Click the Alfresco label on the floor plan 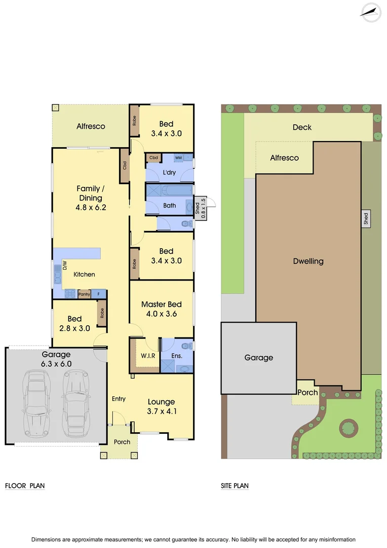point(91,126)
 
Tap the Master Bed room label point(162,304)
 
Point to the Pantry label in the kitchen point(84,294)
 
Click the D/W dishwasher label point(65,265)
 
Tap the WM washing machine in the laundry point(178,158)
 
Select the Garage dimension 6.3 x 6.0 point(56,363)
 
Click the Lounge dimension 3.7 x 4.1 point(162,411)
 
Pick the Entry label point(119,399)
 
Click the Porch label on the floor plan point(122,442)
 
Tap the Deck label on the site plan point(302,127)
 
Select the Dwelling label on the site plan point(308,261)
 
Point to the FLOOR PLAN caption point(25,486)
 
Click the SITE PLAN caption point(235,486)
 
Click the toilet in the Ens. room point(188,346)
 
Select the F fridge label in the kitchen point(99,294)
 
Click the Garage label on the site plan point(259,358)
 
